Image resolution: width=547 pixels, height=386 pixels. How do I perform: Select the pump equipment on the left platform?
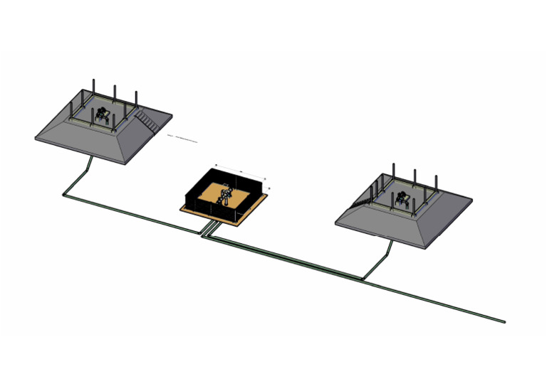(x=105, y=116)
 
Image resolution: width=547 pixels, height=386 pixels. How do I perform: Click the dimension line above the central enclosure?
(x=241, y=171)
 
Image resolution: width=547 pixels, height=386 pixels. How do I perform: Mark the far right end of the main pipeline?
(x=504, y=321)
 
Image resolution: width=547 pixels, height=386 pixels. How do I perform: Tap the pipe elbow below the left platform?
(x=66, y=193)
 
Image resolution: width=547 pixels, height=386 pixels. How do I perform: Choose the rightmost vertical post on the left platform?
(x=136, y=99)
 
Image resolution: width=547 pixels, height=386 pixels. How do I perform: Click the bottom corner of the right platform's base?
(x=427, y=249)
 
